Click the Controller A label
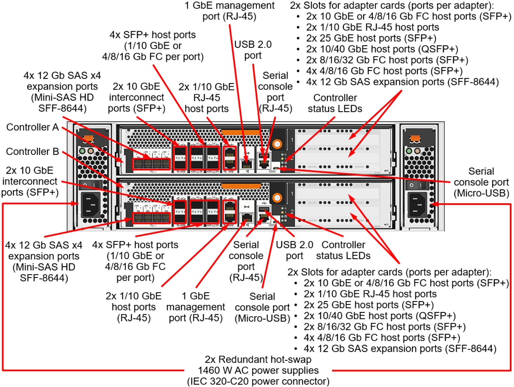pyautogui.click(x=32, y=127)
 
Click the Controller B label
pyautogui.click(x=32, y=151)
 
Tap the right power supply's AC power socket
pyautogui.click(x=417, y=204)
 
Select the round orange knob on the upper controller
pyautogui.click(x=277, y=144)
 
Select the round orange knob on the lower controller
pyautogui.click(x=277, y=198)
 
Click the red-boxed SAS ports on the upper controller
pyautogui.click(x=151, y=164)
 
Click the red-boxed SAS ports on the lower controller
pyautogui.click(x=151, y=217)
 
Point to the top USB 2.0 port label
pyautogui.click(x=253, y=50)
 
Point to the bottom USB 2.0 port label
pyautogui.click(x=294, y=250)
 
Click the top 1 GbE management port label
pyautogui.click(x=229, y=11)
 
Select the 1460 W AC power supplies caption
pyautogui.click(x=258, y=370)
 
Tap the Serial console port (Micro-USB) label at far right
pyautogui.click(x=481, y=182)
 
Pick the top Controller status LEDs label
pyautogui.click(x=335, y=103)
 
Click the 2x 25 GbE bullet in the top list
pyautogui.click(x=371, y=38)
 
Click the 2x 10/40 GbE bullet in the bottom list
pyautogui.click(x=379, y=316)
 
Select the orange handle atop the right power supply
pyautogui.click(x=415, y=138)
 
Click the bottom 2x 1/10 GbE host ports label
pyautogui.click(x=133, y=307)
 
